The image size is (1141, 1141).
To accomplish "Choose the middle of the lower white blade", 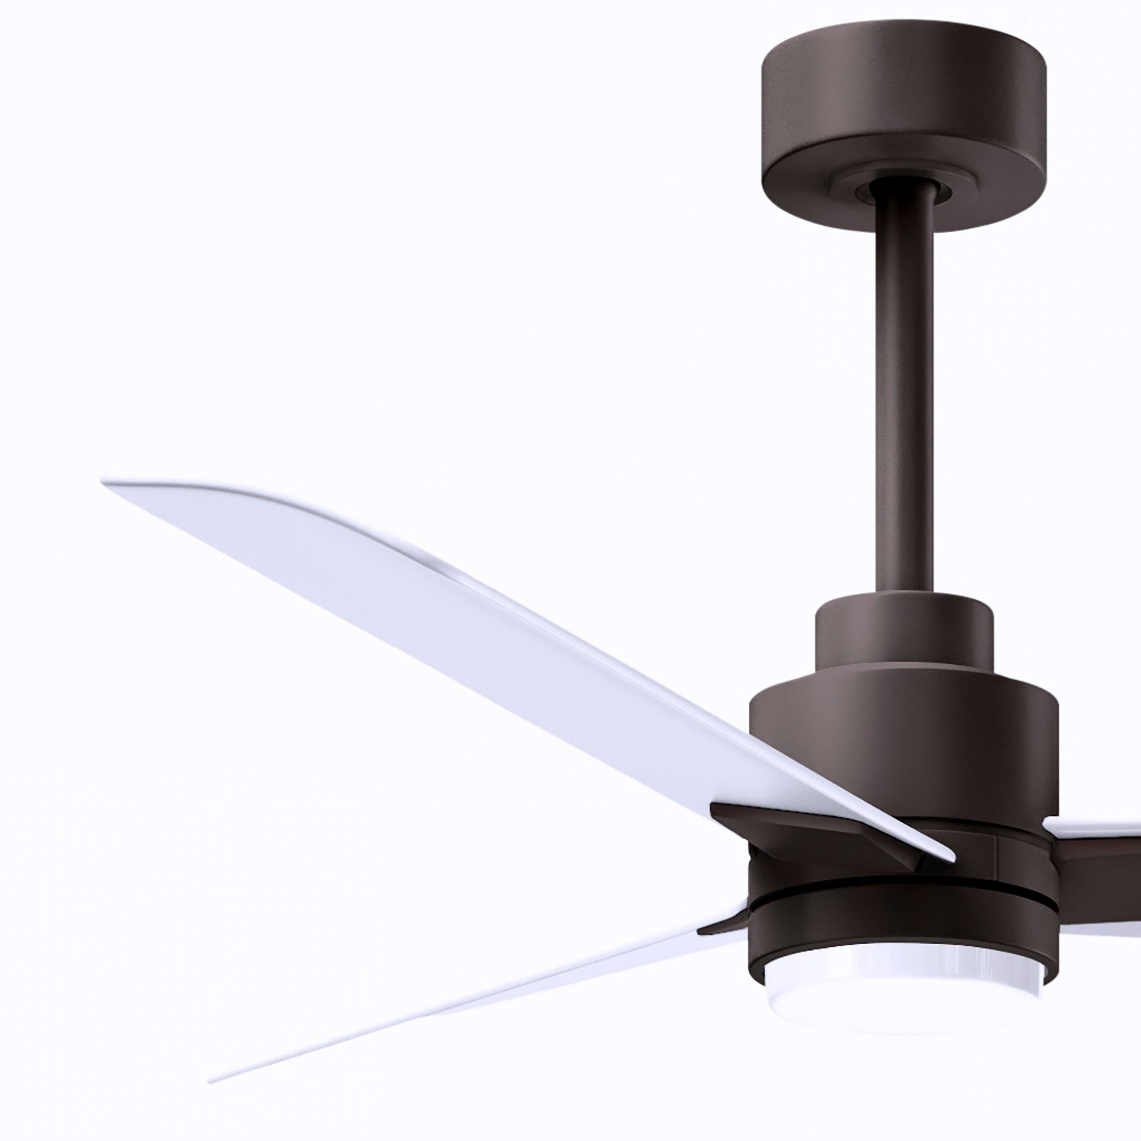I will tap(472, 996).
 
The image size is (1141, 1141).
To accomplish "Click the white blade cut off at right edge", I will tap(1095, 825).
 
